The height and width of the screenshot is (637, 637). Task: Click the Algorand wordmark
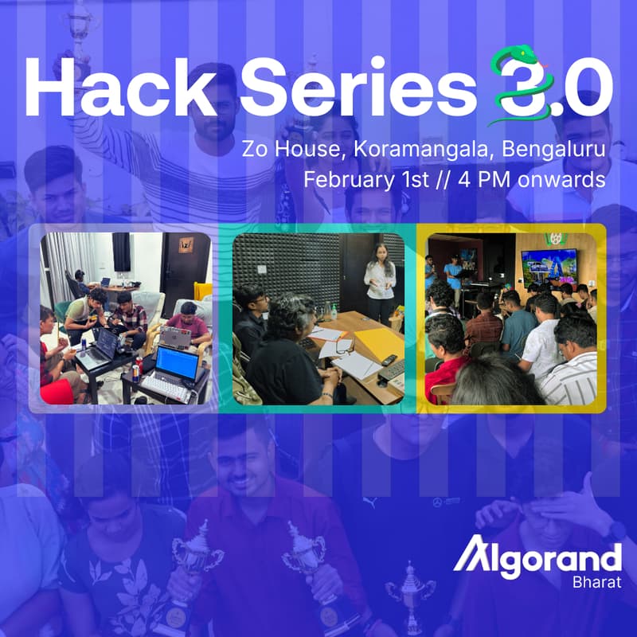[537, 557]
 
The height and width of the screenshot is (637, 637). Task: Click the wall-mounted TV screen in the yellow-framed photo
[548, 267]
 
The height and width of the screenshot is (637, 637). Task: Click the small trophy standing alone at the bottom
[410, 593]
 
